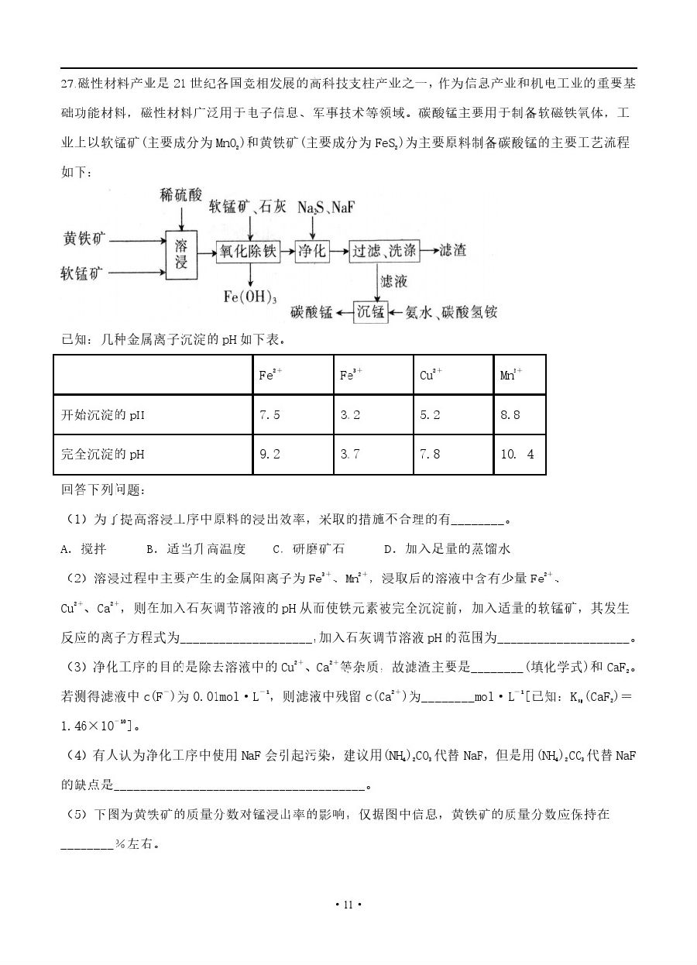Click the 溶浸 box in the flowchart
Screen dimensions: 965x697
click(x=181, y=255)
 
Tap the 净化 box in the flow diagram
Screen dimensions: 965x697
click(x=312, y=250)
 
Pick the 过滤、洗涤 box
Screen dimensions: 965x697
click(x=384, y=250)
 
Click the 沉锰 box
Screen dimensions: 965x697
click(x=370, y=312)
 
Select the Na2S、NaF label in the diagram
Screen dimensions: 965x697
click(x=327, y=208)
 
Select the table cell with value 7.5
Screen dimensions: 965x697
click(x=292, y=415)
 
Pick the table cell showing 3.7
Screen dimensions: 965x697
click(x=372, y=455)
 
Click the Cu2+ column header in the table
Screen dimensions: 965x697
click(x=452, y=375)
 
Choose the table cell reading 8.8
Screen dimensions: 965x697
click(x=519, y=415)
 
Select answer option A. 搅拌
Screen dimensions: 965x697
click(x=83, y=549)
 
